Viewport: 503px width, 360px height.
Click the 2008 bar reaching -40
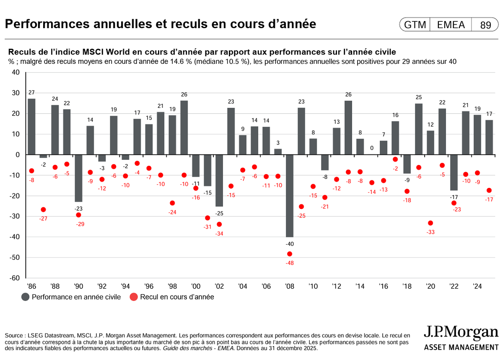click(289, 196)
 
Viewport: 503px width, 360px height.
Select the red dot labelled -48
click(290, 254)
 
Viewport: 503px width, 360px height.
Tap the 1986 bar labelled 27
click(31, 127)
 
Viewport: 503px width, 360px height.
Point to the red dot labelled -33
click(430, 223)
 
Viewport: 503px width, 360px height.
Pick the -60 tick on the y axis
click(15, 278)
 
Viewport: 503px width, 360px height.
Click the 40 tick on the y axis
click(16, 72)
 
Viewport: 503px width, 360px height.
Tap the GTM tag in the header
click(415, 25)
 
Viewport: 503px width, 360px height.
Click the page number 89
click(485, 25)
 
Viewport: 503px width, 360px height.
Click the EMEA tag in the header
click(451, 25)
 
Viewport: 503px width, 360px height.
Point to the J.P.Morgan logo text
click(461, 333)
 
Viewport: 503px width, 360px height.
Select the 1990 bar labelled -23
click(78, 178)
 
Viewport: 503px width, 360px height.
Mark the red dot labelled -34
click(219, 224)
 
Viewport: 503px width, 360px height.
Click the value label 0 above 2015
click(372, 148)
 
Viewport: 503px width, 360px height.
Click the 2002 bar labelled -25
click(219, 180)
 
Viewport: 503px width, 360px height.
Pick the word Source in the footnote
click(15, 336)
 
